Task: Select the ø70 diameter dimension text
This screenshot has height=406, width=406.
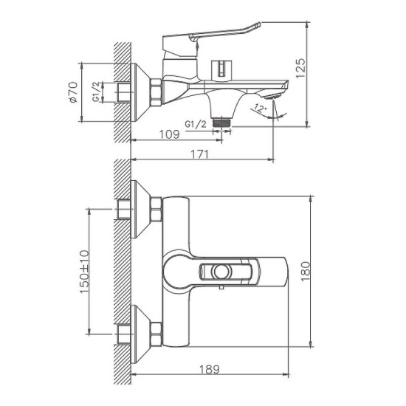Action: click(x=73, y=93)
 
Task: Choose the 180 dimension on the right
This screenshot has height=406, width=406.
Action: click(x=321, y=272)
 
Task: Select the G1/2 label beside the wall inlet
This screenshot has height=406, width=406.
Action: click(x=97, y=93)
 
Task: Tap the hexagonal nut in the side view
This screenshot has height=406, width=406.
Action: click(x=156, y=93)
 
